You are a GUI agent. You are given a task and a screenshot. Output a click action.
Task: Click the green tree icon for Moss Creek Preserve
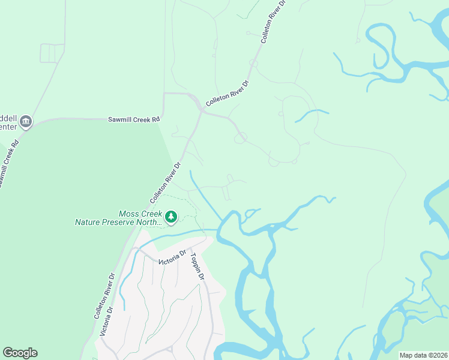tap(171, 217)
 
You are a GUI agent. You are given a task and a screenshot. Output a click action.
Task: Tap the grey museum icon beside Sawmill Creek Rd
tap(25, 122)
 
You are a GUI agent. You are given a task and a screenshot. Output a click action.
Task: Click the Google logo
tap(20, 353)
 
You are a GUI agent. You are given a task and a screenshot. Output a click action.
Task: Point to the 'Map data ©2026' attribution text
tap(424, 355)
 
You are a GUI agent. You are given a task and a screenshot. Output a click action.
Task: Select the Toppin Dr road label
tap(197, 268)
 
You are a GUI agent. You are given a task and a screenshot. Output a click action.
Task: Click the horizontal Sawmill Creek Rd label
tap(134, 119)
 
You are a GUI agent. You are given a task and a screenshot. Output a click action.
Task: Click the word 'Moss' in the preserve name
tap(130, 214)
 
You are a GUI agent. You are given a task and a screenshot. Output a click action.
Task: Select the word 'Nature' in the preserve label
tap(89, 222)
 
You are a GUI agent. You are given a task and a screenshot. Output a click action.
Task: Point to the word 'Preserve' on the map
tap(122, 222)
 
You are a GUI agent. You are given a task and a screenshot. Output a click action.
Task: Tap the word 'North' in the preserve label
tap(152, 222)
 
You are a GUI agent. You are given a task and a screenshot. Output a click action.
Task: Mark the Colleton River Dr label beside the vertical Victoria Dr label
tap(104, 296)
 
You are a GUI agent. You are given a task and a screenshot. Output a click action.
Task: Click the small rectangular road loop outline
tap(52, 53)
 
